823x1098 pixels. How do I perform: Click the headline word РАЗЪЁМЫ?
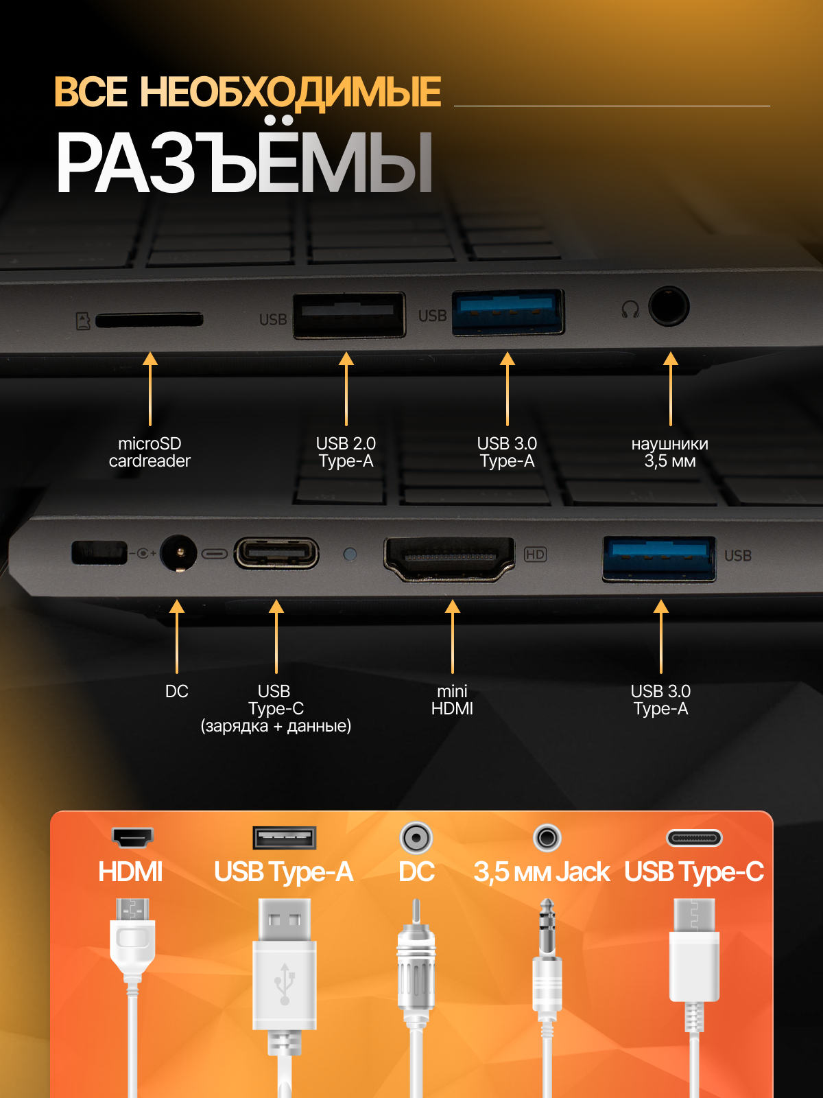[244, 163]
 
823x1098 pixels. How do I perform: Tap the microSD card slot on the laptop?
[149, 320]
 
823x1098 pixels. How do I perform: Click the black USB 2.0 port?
[349, 315]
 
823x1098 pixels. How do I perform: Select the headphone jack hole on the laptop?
[668, 306]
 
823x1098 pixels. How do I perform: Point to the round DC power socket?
[178, 553]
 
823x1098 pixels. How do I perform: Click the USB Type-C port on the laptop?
[276, 554]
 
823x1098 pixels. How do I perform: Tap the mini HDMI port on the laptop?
[449, 557]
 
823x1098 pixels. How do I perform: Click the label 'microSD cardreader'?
[150, 452]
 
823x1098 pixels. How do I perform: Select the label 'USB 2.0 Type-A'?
[346, 452]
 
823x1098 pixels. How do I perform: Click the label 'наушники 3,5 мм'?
[670, 452]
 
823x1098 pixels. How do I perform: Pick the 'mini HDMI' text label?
[452, 699]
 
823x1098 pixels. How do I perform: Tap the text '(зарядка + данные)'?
[276, 726]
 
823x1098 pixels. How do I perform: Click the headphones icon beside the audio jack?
[630, 309]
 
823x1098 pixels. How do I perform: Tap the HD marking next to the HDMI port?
[535, 554]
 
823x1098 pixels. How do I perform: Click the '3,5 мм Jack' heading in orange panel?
[541, 872]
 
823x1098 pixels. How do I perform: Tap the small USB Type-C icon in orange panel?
[694, 838]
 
